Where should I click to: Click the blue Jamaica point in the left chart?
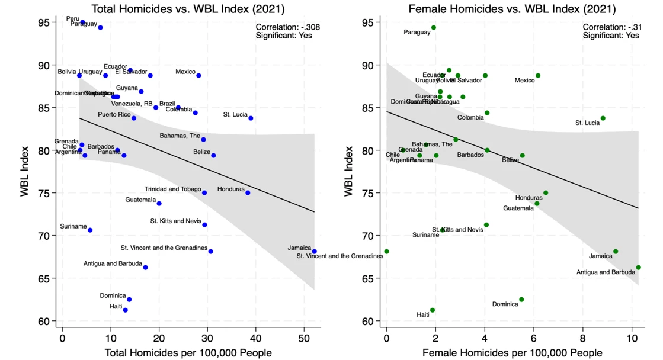click(314, 252)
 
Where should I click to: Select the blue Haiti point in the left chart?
click(125, 310)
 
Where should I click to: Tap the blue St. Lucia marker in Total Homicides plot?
click(251, 118)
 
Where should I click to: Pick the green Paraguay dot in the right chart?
click(433, 28)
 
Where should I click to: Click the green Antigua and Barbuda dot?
click(638, 268)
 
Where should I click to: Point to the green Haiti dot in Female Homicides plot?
click(432, 310)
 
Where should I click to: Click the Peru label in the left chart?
click(72, 19)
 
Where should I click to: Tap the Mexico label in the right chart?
click(524, 81)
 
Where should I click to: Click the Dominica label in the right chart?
click(505, 304)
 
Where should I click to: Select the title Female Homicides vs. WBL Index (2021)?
click(512, 9)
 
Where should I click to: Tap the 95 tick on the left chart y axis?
click(44, 22)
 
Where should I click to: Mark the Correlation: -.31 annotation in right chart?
click(611, 27)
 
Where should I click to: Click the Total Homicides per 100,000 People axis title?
click(188, 353)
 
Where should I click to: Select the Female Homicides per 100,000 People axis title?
click(513, 353)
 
